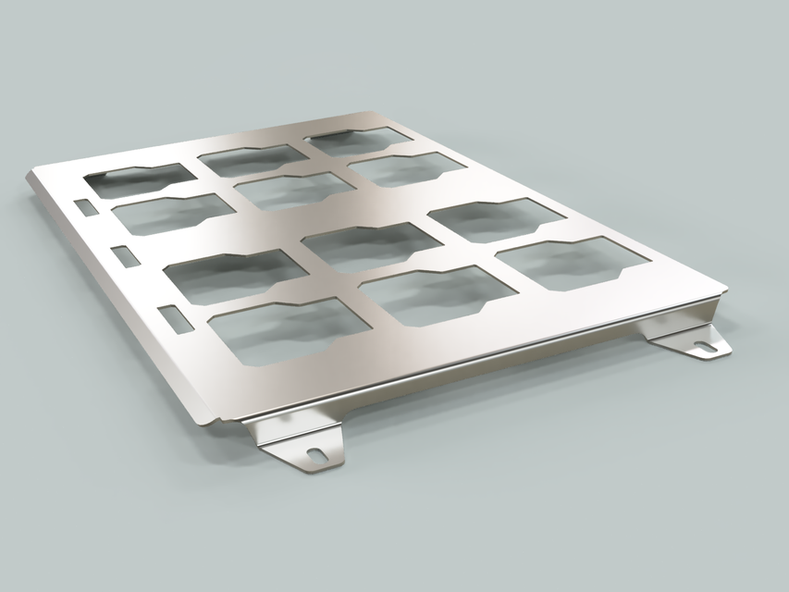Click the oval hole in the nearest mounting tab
point(316,454)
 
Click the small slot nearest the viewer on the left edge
point(172,316)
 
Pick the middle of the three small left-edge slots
point(123,254)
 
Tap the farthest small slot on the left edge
point(84,207)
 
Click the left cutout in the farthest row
point(139,179)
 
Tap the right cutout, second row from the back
point(407,169)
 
